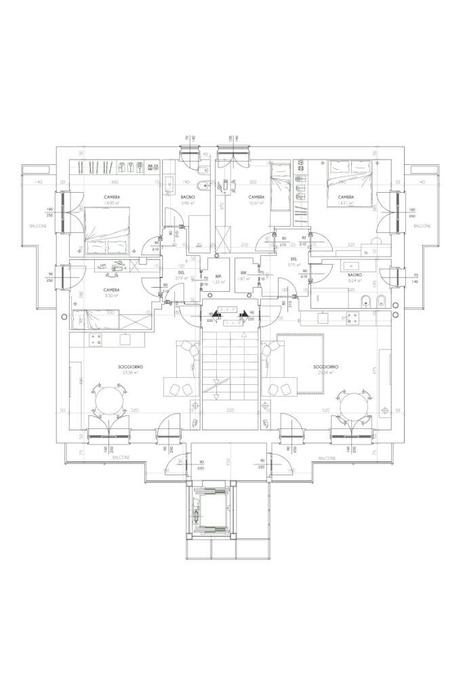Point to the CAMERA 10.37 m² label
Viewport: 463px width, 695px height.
pyautogui.click(x=256, y=200)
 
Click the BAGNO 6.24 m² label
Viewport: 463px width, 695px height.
pyautogui.click(x=355, y=277)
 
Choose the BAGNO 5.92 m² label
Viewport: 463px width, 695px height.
pyautogui.click(x=188, y=200)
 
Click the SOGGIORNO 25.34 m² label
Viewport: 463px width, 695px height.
pyautogui.click(x=326, y=369)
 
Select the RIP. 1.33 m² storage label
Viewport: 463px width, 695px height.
pyautogui.click(x=218, y=279)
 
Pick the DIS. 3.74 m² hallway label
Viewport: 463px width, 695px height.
pyautogui.click(x=181, y=275)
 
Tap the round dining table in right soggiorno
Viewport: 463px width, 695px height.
pyautogui.click(x=354, y=405)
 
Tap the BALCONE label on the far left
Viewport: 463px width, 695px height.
pyautogui.click(x=37, y=225)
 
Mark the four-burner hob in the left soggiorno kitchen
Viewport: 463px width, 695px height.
pyautogui.click(x=95, y=339)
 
